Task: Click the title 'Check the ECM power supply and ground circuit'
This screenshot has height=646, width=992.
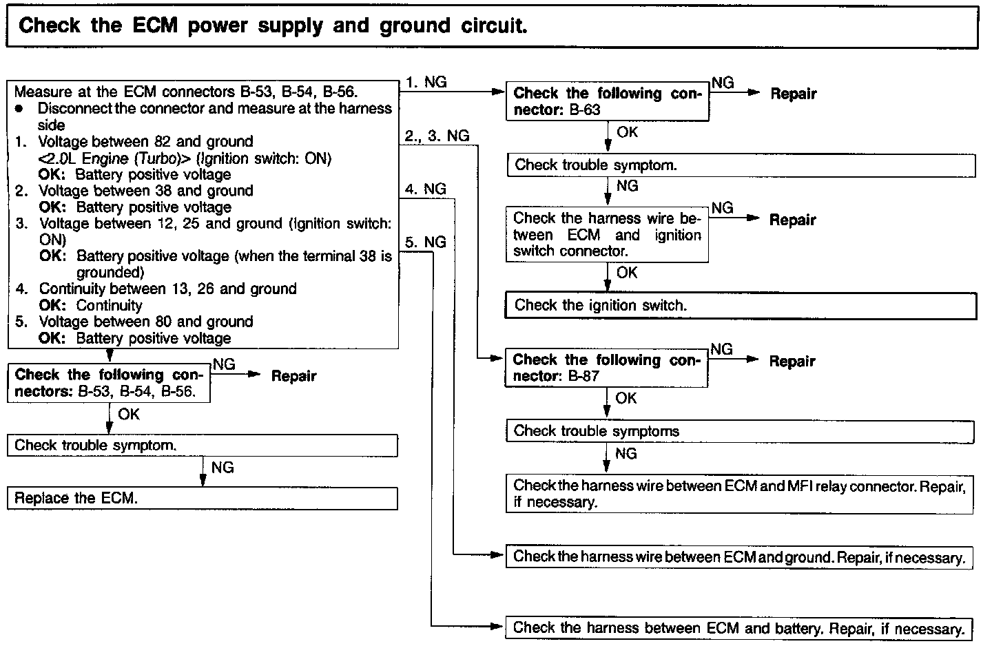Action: tap(273, 26)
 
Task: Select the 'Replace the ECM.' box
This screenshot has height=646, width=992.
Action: tap(202, 498)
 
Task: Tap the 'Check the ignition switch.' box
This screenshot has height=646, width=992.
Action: tap(741, 305)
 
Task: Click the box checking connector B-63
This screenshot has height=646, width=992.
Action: tap(607, 102)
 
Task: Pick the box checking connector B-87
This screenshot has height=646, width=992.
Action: tap(606, 368)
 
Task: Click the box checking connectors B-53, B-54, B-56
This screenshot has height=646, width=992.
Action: tap(109, 384)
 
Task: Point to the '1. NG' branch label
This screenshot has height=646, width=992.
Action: tap(426, 82)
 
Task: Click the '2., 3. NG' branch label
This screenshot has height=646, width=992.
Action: tap(437, 136)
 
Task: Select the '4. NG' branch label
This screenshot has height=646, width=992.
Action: tap(426, 189)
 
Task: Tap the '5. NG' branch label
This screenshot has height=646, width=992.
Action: tap(426, 242)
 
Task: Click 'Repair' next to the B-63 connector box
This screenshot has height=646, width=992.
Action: tap(793, 94)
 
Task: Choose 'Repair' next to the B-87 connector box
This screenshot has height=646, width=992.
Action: tap(792, 361)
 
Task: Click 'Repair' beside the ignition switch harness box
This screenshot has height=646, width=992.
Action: tap(792, 220)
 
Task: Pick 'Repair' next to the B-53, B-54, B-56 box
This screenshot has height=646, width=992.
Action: tap(293, 376)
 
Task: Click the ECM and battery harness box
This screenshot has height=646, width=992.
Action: tap(739, 628)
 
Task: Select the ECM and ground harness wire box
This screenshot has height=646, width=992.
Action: tap(739, 557)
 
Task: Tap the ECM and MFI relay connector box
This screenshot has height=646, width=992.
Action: tap(739, 494)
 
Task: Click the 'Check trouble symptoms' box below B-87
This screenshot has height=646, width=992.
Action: tap(739, 431)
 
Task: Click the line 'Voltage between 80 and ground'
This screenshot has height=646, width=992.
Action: tap(146, 322)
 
